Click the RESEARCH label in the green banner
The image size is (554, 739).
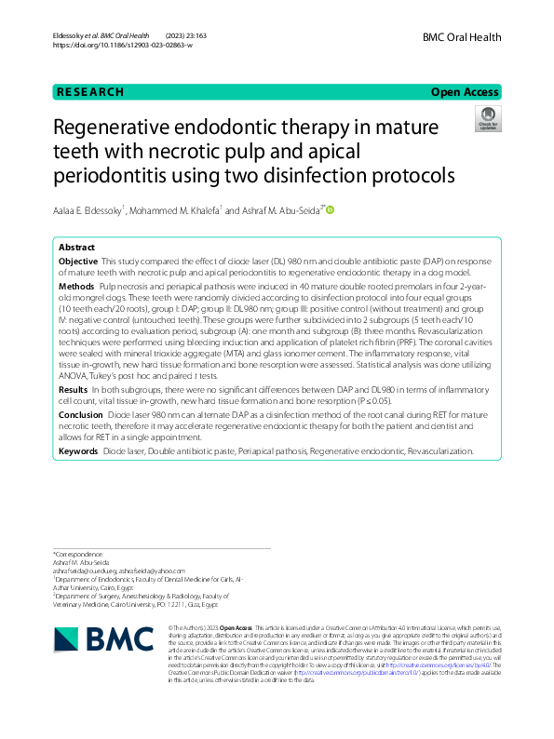click(x=89, y=92)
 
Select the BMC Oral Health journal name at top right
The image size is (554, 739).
click(x=461, y=37)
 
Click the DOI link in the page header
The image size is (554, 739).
click(x=122, y=45)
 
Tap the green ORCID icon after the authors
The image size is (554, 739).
click(x=329, y=211)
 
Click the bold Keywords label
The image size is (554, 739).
click(x=79, y=450)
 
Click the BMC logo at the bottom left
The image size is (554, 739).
click(x=102, y=638)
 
